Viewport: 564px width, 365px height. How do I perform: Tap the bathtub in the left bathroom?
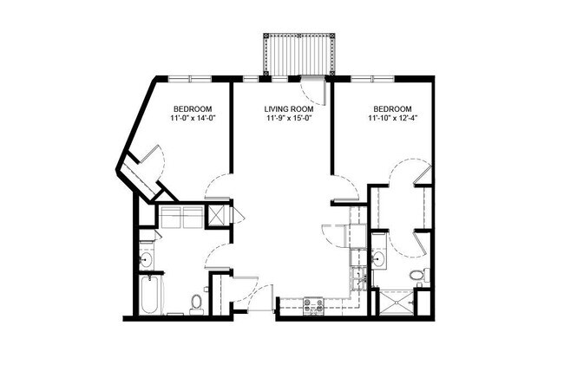(x=149, y=296)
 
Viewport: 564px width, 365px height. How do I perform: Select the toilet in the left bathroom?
(x=197, y=303)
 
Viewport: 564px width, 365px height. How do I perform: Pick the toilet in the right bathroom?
(x=417, y=276)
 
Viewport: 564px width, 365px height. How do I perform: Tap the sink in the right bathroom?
(x=378, y=258)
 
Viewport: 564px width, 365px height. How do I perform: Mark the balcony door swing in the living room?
(x=311, y=88)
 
